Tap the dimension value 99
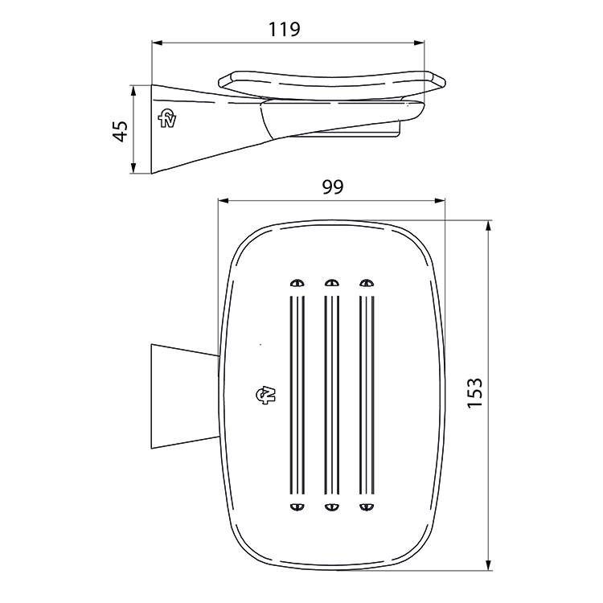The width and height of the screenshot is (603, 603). coord(332,187)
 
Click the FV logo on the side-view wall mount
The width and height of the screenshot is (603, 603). coord(169,118)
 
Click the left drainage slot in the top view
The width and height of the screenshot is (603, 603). coord(297,394)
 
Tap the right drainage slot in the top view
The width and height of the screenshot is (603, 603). coord(367,394)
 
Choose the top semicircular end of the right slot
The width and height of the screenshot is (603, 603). coord(367,283)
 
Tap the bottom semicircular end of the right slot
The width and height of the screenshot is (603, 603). coord(367,506)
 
